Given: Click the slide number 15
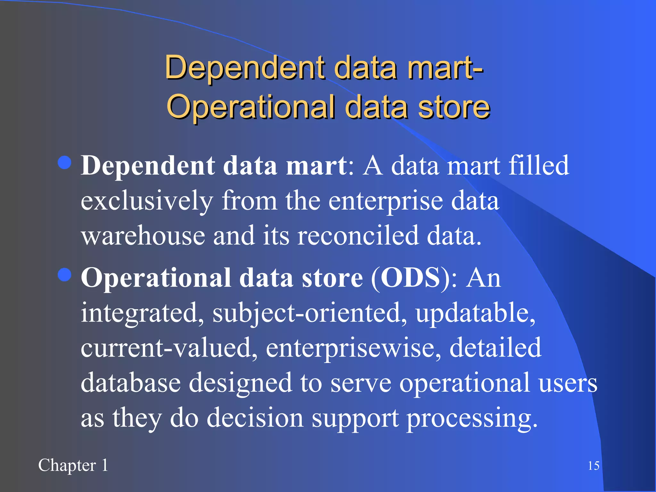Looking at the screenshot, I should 594,466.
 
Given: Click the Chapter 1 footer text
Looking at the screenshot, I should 73,465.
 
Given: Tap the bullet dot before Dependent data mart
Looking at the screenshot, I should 65,163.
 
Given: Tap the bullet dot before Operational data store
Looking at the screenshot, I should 65,275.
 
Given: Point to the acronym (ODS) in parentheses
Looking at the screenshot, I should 410,278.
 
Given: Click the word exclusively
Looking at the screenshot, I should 147,201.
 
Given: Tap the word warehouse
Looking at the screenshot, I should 143,236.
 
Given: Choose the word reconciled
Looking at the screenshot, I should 358,236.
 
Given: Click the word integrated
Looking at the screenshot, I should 142,313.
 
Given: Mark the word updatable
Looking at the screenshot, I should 475,313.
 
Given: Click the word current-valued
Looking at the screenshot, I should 169,348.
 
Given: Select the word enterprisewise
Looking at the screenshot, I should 353,348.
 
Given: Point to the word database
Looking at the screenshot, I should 131,383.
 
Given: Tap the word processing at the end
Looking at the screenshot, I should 471,418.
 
